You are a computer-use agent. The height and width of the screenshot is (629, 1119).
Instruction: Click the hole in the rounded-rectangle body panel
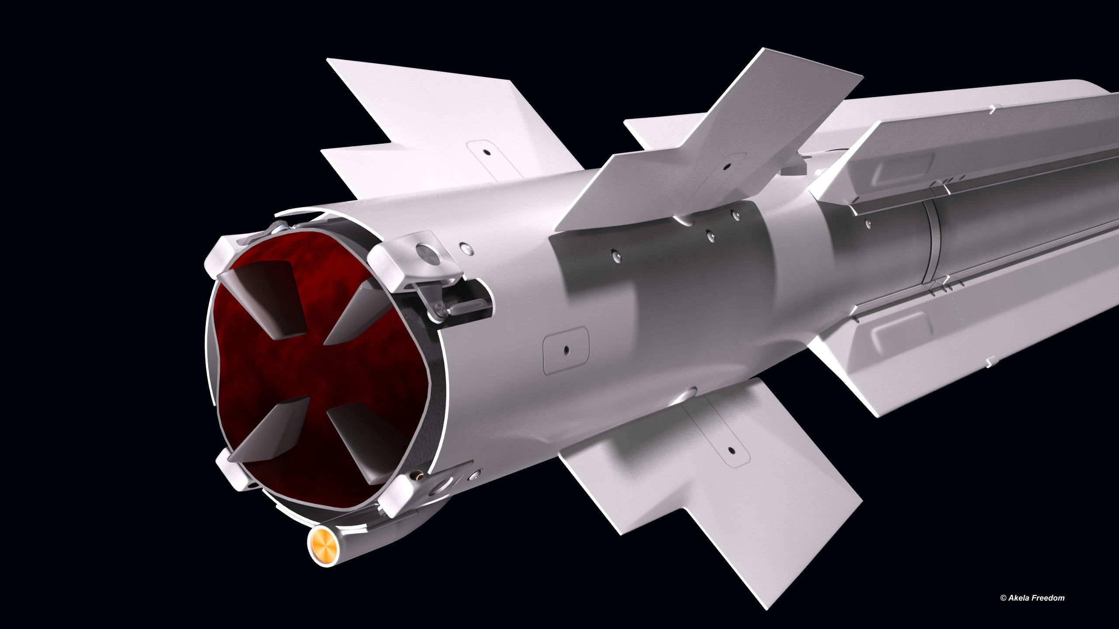tap(566, 349)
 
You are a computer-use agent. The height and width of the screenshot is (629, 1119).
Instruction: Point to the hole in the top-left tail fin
tap(485, 152)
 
